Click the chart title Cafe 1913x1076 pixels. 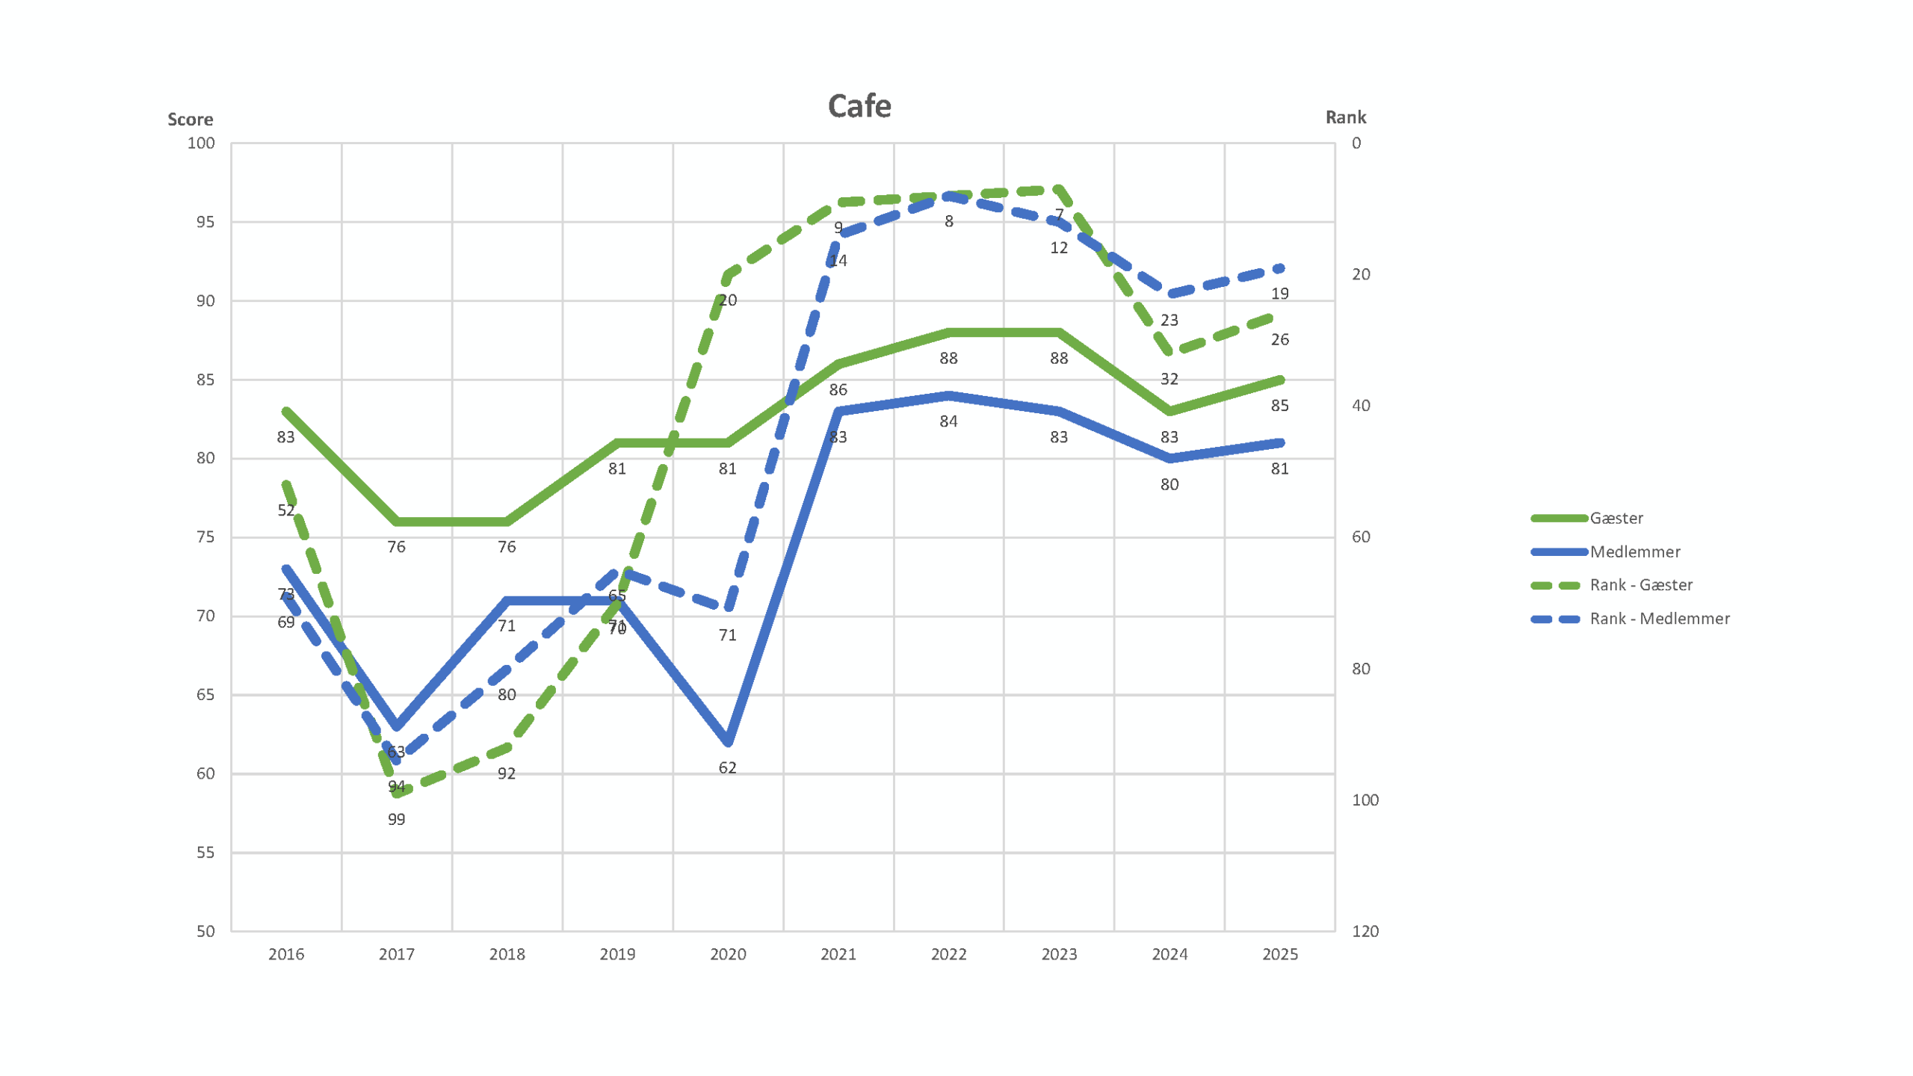click(x=859, y=106)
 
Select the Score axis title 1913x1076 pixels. click(x=190, y=120)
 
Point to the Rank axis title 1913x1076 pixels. click(x=1345, y=117)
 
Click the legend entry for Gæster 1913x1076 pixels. click(x=1616, y=518)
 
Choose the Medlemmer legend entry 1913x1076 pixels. click(x=1634, y=551)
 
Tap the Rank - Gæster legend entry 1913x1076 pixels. click(x=1640, y=585)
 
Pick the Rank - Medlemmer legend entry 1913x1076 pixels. click(x=1659, y=619)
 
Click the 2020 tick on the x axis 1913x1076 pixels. click(x=728, y=954)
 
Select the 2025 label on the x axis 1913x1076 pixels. click(x=1279, y=954)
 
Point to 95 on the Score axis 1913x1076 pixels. click(x=205, y=222)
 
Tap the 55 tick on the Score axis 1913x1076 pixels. click(x=205, y=853)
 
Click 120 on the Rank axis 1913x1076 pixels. click(x=1365, y=931)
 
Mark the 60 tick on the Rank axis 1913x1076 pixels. click(x=1361, y=537)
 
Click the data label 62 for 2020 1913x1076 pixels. click(x=727, y=768)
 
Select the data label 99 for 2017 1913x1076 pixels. click(x=396, y=820)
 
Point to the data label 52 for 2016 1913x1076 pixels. click(x=286, y=510)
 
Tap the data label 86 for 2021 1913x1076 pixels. click(x=838, y=390)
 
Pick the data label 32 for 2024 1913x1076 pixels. click(x=1169, y=379)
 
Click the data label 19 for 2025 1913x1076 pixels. click(x=1279, y=294)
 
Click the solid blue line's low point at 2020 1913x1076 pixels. click(x=728, y=742)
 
